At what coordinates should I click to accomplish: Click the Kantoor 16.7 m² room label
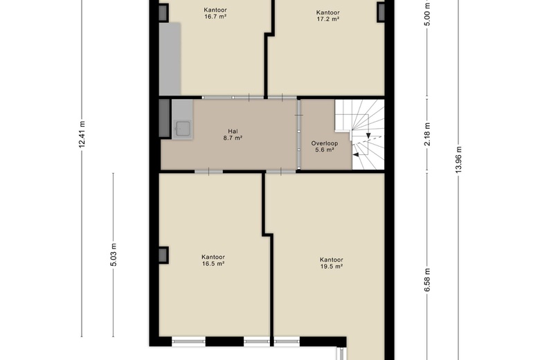pos(215,13)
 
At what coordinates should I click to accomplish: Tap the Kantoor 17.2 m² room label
pos(328,16)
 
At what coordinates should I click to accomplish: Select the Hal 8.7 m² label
pos(233,135)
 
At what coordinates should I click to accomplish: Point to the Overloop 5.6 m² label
pos(325,146)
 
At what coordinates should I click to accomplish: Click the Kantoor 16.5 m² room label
pos(213,260)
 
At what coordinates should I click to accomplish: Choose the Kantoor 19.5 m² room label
pos(332,263)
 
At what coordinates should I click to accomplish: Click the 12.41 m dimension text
pos(82,134)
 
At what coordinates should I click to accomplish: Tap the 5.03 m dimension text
pos(114,255)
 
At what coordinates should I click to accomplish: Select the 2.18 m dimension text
pos(427,134)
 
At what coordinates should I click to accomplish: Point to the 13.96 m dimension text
pos(458,160)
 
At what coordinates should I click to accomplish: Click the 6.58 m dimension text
pos(427,280)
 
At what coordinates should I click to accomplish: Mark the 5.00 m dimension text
pos(427,15)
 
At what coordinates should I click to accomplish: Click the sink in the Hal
pos(183,129)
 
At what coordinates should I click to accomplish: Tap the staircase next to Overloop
pos(360,134)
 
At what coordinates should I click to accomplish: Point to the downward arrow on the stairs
pos(368,136)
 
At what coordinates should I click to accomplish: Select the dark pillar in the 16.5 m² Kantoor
pos(163,255)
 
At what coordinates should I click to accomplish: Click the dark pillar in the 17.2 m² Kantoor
pos(381,12)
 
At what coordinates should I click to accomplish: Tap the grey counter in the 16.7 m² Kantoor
pos(170,59)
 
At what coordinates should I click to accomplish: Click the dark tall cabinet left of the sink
pos(164,118)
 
